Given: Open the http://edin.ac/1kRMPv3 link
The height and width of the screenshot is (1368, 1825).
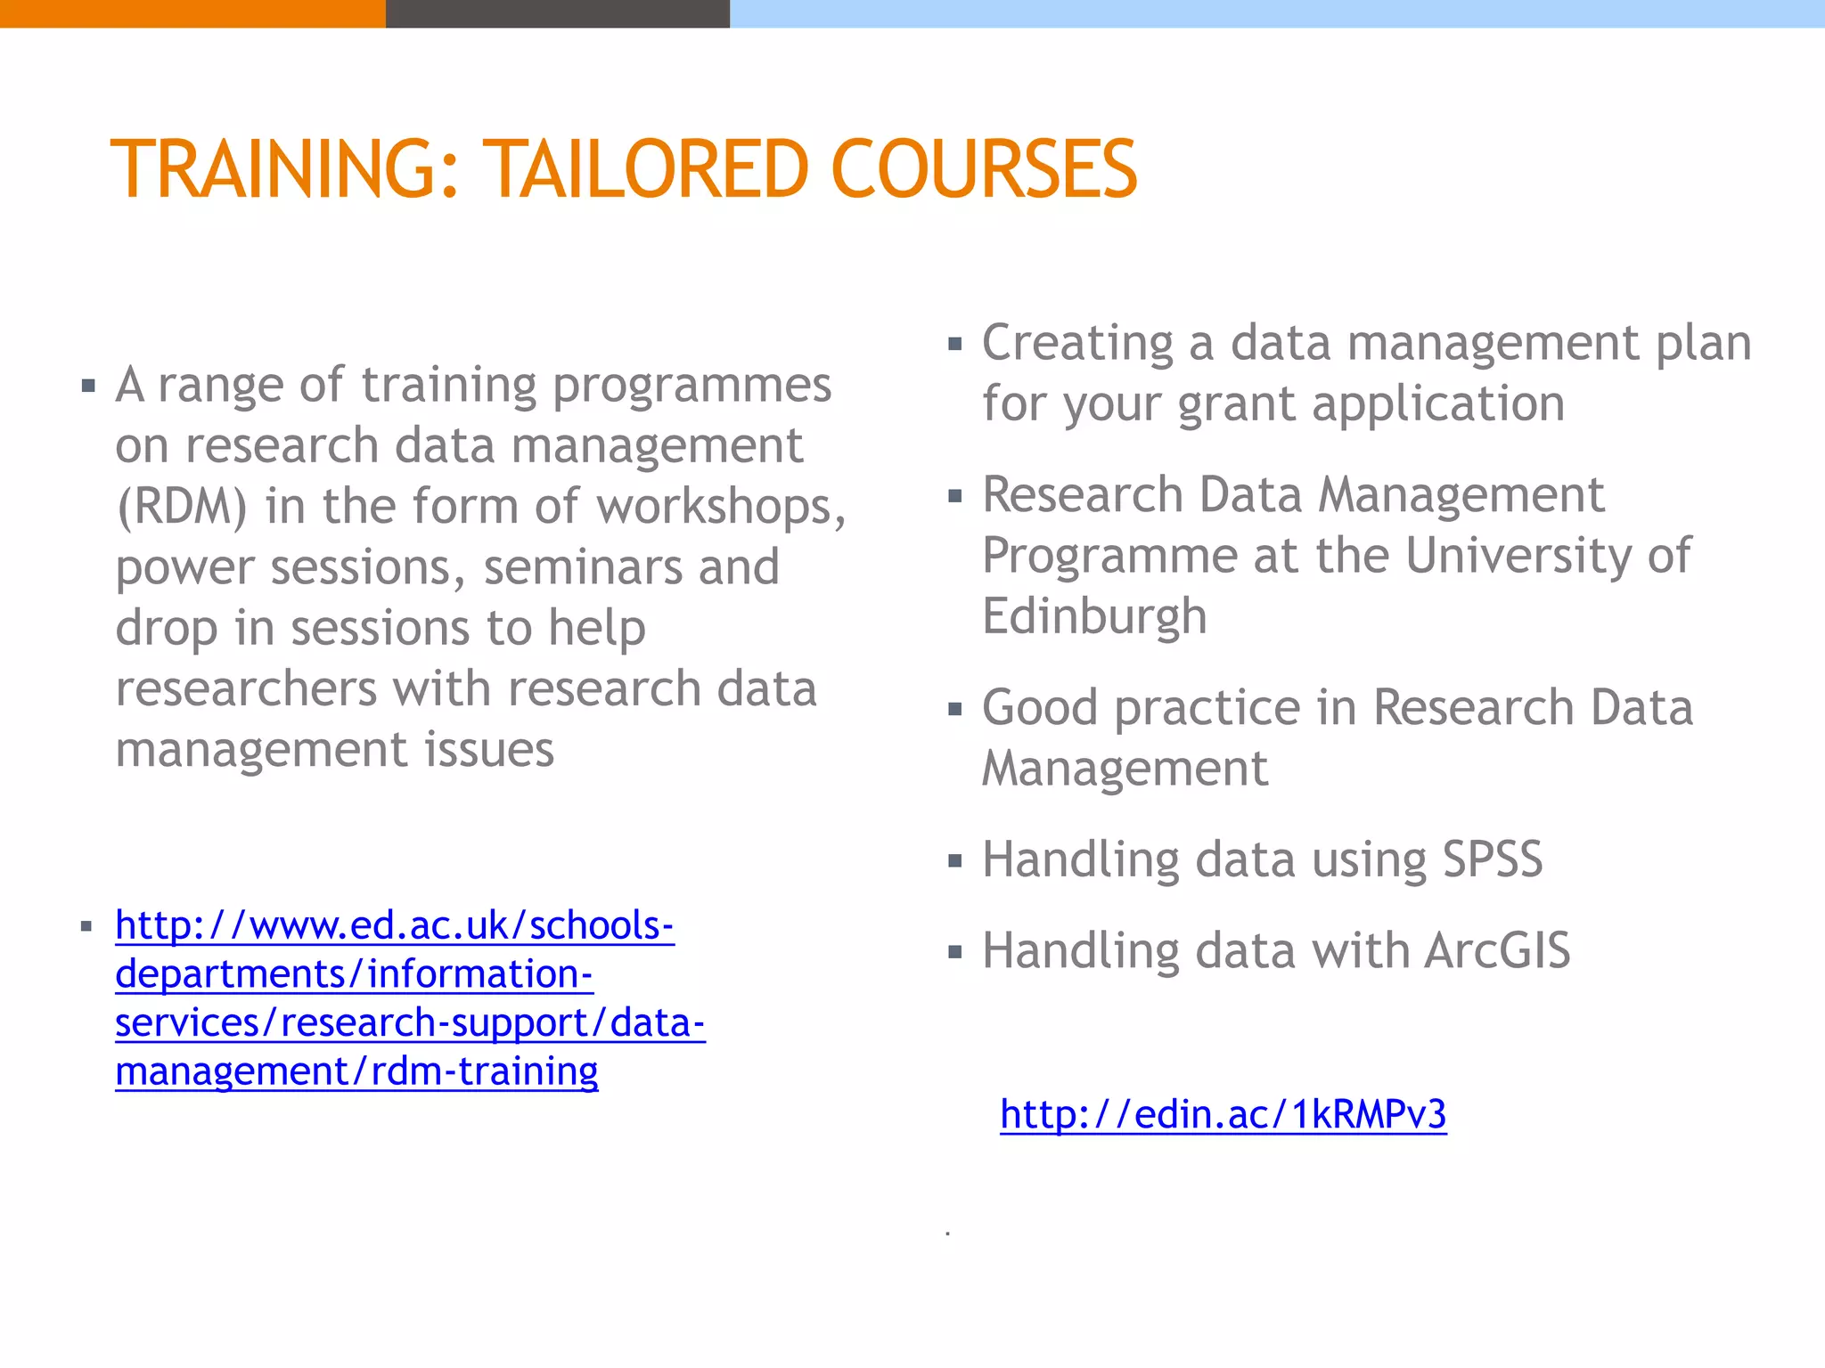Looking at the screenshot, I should (1223, 1114).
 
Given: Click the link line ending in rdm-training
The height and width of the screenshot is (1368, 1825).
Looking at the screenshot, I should (356, 1071).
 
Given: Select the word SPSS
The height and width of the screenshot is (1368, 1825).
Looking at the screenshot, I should (1492, 859).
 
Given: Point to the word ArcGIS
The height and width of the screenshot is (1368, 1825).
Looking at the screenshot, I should (1497, 950).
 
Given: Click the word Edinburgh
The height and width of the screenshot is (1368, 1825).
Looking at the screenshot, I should (1094, 616).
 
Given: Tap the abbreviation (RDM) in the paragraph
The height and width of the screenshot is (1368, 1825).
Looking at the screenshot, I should (182, 507).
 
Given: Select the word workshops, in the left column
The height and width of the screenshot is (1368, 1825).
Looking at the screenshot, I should (721, 507).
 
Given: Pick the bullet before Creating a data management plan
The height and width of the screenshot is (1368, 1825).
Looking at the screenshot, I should (955, 344).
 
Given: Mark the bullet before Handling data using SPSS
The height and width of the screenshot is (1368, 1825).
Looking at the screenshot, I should (955, 861).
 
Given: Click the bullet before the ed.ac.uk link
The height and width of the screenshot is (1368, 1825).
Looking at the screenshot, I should (86, 927).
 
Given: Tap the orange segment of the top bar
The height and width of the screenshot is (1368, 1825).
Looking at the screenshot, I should (192, 13).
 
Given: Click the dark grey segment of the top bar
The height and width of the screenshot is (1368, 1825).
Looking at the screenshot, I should (557, 13).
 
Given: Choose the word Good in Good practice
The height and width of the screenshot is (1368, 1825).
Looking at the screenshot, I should (1040, 708).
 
